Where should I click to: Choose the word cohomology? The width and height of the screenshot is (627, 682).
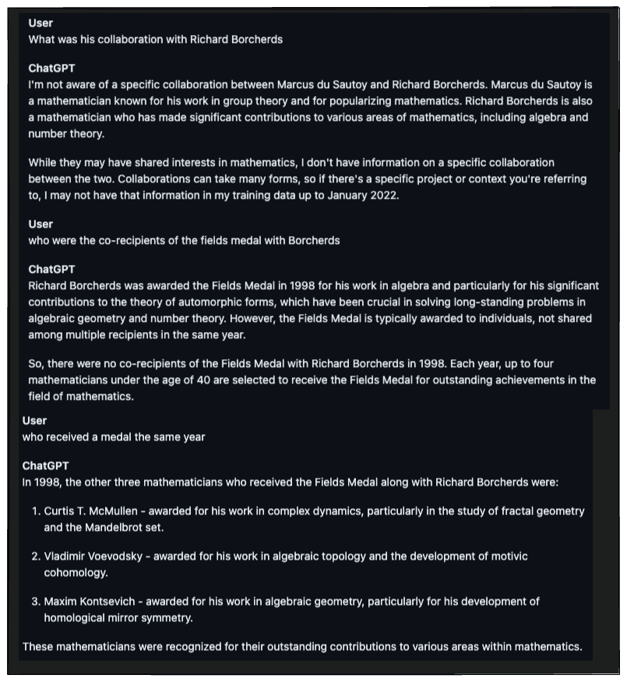76,572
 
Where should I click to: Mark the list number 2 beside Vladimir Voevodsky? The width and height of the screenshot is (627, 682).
35,557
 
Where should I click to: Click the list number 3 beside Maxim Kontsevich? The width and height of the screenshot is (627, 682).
35,602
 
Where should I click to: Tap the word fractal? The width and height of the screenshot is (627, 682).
517,511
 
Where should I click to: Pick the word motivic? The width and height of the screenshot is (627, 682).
508,557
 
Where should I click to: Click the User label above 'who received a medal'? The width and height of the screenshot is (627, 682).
34,420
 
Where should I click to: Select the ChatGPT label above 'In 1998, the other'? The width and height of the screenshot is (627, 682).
45,465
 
